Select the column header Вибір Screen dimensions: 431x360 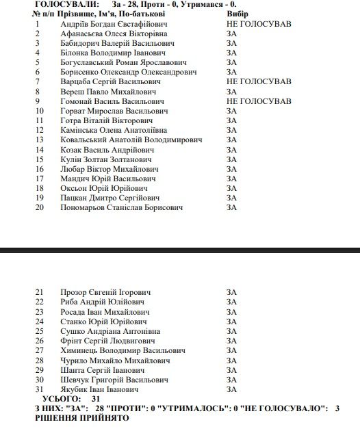tap(237, 14)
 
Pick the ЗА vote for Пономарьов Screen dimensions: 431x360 tap(231, 207)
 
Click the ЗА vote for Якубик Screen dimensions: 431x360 tap(231, 389)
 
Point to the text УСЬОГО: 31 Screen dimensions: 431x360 tap(70, 399)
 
